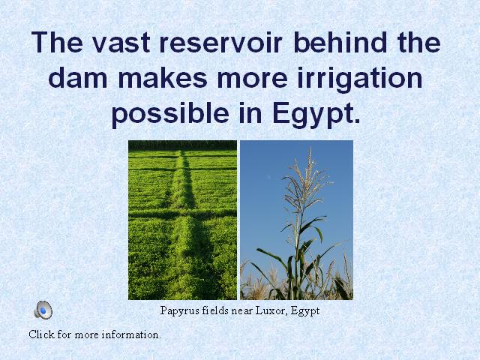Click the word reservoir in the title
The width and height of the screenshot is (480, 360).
pyautogui.click(x=220, y=42)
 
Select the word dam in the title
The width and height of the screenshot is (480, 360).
pyautogui.click(x=78, y=77)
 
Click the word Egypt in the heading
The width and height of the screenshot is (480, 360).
pyautogui.click(x=316, y=115)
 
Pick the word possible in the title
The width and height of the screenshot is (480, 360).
pyautogui.click(x=170, y=115)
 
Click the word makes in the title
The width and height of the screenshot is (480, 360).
pyautogui.click(x=163, y=77)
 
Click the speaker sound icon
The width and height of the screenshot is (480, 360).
pyautogui.click(x=43, y=310)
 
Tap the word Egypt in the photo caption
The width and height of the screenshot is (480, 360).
pyautogui.click(x=305, y=311)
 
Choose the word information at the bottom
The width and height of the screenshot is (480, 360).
pyautogui.click(x=131, y=334)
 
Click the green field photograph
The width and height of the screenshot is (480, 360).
pyautogui.click(x=182, y=220)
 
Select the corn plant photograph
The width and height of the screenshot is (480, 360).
pyautogui.click(x=296, y=220)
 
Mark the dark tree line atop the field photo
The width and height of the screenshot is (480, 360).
pyautogui.click(x=182, y=145)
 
